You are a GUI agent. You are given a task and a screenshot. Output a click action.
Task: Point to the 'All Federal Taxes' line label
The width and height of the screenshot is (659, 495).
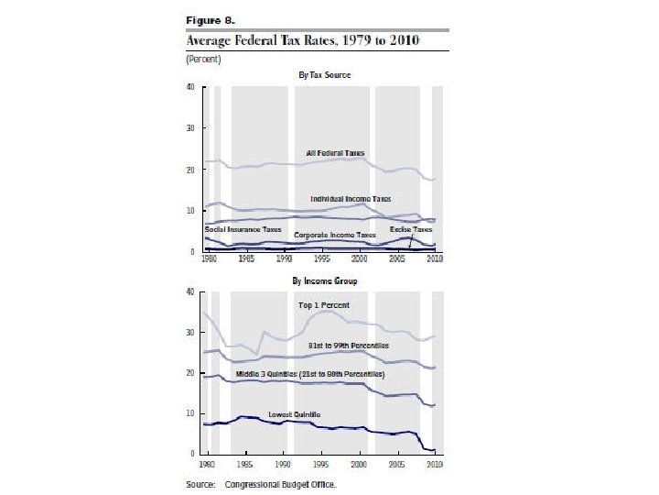click(335, 151)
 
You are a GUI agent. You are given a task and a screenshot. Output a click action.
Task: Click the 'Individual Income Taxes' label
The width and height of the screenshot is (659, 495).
click(351, 198)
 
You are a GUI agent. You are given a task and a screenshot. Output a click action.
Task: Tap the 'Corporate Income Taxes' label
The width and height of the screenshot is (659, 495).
click(335, 236)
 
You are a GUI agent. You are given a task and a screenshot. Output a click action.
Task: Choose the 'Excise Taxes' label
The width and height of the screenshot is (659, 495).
click(411, 228)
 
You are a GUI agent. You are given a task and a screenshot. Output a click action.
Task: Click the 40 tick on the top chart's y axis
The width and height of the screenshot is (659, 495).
click(189, 88)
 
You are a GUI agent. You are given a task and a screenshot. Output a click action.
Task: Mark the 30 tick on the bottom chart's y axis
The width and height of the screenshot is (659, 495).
click(189, 333)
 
